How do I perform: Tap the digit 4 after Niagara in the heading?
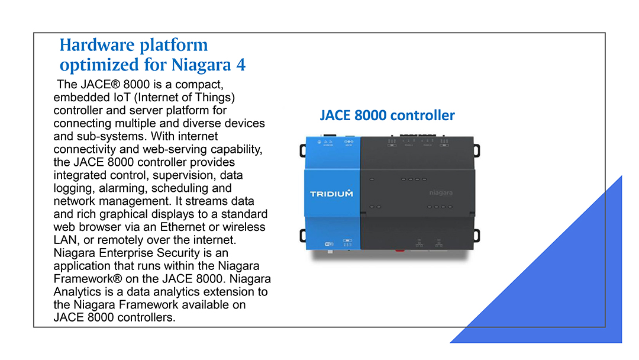point(241,65)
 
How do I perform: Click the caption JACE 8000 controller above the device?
point(387,115)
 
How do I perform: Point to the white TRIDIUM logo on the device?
point(331,194)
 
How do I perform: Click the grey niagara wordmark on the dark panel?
point(441,192)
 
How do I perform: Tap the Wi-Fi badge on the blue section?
point(328,244)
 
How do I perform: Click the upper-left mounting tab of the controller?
point(303,150)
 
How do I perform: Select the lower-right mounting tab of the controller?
point(476,236)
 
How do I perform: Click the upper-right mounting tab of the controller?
point(476,150)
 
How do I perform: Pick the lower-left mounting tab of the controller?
point(303,236)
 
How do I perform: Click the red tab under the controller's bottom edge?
point(399,250)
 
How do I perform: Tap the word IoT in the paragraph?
point(121,98)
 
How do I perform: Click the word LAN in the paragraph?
point(66,240)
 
